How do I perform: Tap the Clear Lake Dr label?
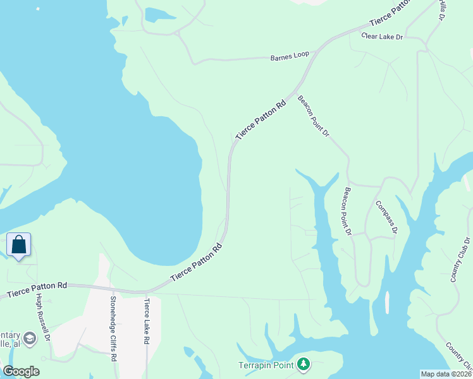[382, 37]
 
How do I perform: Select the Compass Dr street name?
[386, 217]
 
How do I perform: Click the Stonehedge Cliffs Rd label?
[113, 328]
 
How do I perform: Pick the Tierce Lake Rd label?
[147, 322]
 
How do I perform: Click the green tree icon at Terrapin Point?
[304, 364]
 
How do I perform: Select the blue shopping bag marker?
[19, 245]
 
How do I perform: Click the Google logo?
[21, 371]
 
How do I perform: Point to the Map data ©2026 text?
[446, 374]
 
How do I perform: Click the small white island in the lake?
[386, 303]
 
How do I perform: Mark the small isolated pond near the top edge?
[156, 15]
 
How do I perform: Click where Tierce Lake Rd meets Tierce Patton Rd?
[147, 292]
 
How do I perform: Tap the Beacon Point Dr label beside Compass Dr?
[347, 211]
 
